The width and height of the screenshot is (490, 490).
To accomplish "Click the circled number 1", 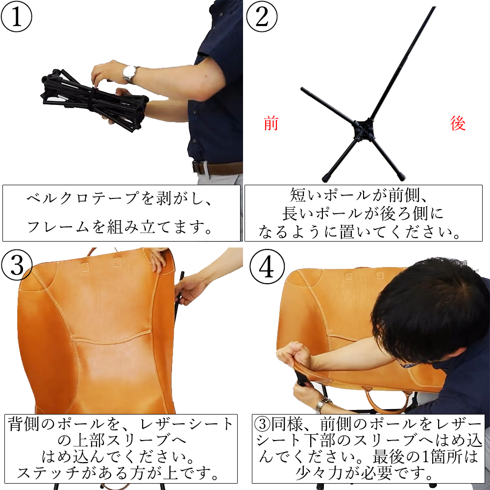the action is [16, 16].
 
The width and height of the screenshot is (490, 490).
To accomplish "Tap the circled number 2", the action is [262, 16].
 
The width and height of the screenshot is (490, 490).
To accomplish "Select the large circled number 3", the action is [17, 265].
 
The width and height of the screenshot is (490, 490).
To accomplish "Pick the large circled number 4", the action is [267, 267].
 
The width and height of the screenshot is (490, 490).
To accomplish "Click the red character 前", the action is [271, 123].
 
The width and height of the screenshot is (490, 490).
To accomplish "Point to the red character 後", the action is [458, 123].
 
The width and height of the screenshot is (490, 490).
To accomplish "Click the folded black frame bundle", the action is [94, 98].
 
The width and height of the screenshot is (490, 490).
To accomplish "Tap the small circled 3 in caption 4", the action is [263, 424].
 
